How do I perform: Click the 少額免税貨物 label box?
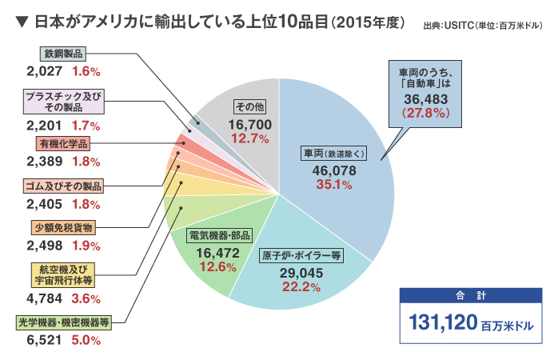click(65, 226)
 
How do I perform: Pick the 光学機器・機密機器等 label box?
click(62, 322)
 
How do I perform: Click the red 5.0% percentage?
click(86, 341)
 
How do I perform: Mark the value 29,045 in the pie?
click(301, 273)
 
